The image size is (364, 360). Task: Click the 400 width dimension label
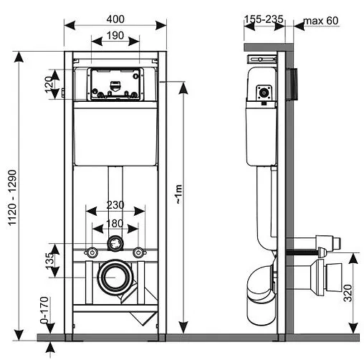[x=115, y=19]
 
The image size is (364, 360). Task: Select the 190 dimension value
[x=115, y=36]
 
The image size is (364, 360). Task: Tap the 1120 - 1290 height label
[x=12, y=197]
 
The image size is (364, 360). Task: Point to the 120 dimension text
[x=48, y=85]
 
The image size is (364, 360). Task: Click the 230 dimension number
[x=115, y=205]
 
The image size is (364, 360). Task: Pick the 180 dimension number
[x=115, y=224]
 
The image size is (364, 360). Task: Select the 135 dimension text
[x=49, y=261]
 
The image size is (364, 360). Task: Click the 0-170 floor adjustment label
[x=44, y=310]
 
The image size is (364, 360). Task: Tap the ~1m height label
[x=179, y=194]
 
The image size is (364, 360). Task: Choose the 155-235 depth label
[x=264, y=19]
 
